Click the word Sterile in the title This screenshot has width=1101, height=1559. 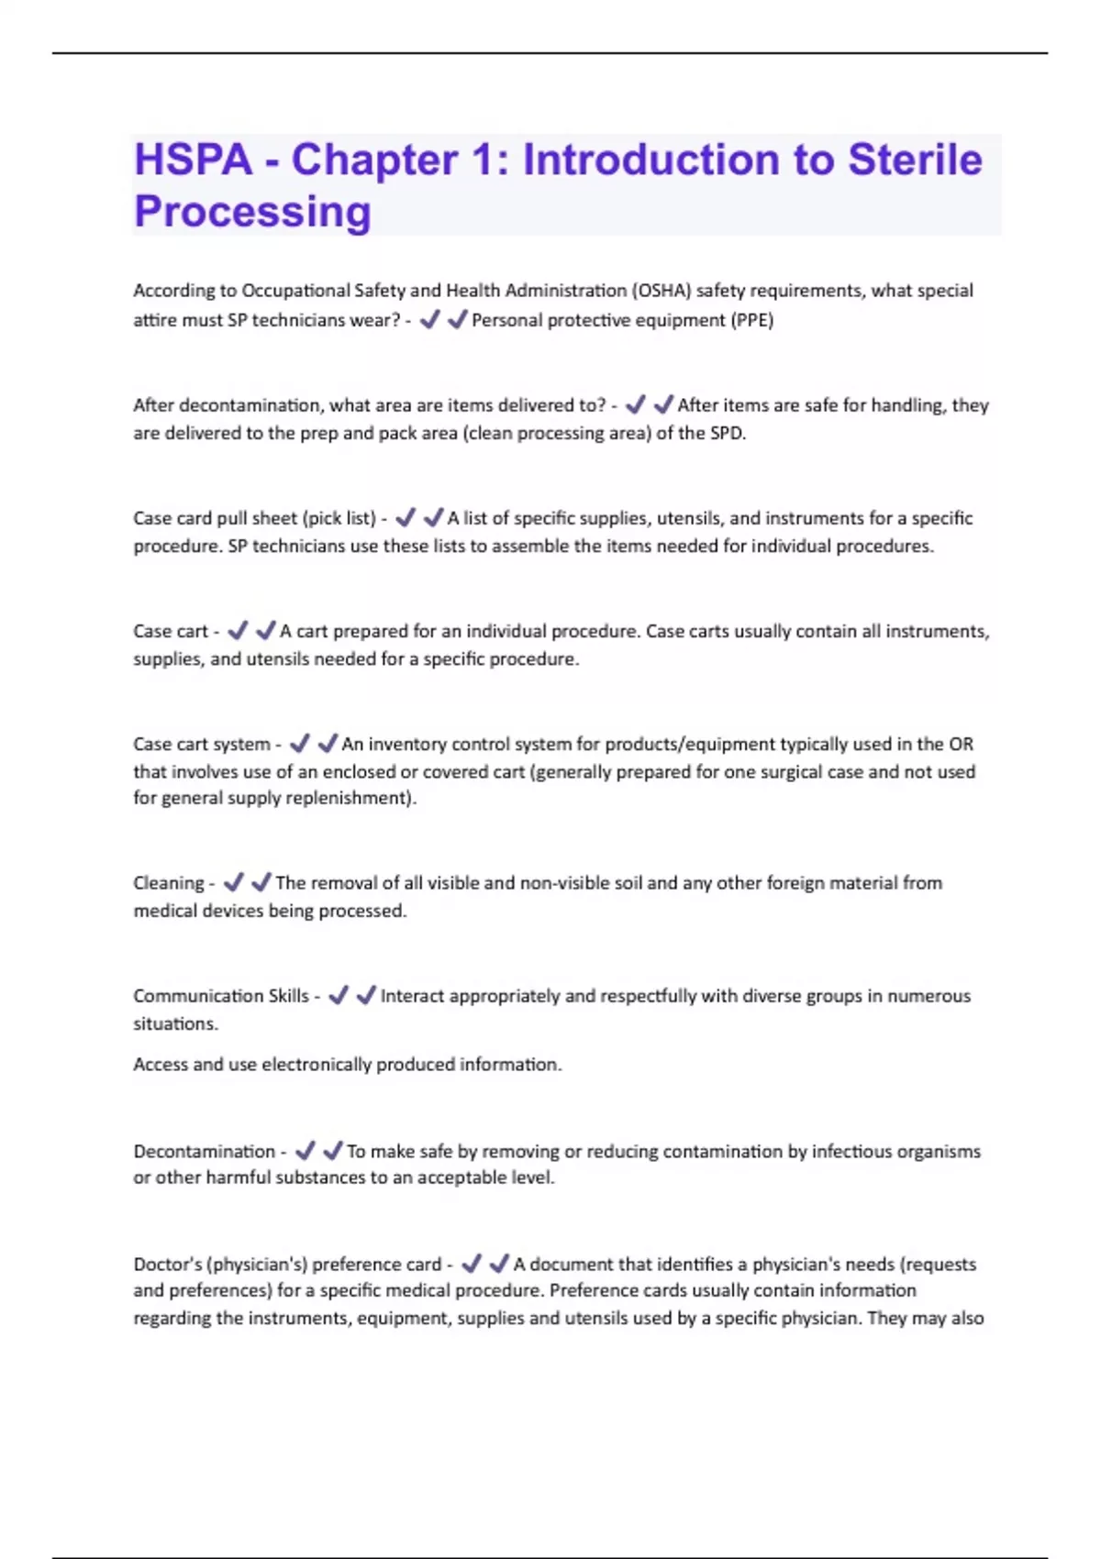pyautogui.click(x=915, y=160)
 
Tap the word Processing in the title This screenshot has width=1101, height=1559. pyautogui.click(x=252, y=212)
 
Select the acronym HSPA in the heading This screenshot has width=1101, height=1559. pyautogui.click(x=193, y=160)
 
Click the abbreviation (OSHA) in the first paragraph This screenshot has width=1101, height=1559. pyautogui.click(x=661, y=291)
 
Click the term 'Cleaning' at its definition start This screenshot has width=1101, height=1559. pyautogui.click(x=169, y=883)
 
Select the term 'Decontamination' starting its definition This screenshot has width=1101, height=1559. pyautogui.click(x=204, y=1152)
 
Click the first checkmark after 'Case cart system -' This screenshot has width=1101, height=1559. pyautogui.click(x=299, y=743)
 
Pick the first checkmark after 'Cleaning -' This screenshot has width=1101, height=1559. pyautogui.click(x=233, y=882)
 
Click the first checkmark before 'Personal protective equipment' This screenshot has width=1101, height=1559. pyautogui.click(x=428, y=319)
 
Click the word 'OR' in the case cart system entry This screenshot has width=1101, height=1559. pyautogui.click(x=961, y=744)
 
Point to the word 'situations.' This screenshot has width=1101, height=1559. pyautogui.click(x=175, y=1024)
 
